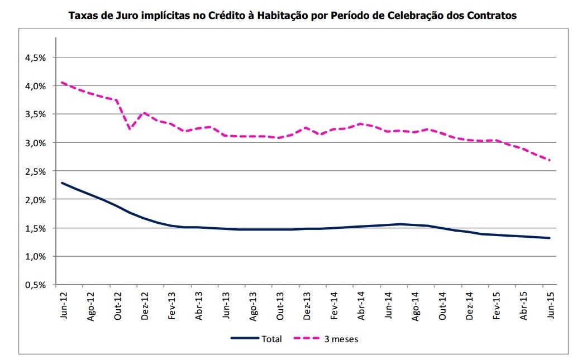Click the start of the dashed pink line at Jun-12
tap(61, 83)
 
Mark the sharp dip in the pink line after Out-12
tap(130, 129)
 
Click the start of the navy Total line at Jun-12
tap(61, 183)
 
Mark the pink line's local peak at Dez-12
tap(144, 113)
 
